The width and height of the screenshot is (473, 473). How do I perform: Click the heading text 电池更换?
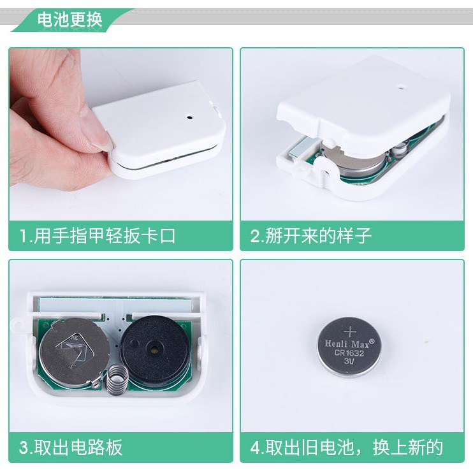coord(69,18)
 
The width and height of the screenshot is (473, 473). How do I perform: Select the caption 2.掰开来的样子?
coord(310,236)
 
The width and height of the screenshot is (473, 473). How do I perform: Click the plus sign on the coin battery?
coord(350,331)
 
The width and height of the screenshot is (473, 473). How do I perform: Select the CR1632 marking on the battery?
coord(349,354)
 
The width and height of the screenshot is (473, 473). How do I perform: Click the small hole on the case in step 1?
coord(189,117)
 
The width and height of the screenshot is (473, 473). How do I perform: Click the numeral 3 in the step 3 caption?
coord(24,448)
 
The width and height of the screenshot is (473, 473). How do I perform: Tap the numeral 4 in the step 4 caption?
coord(255,448)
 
